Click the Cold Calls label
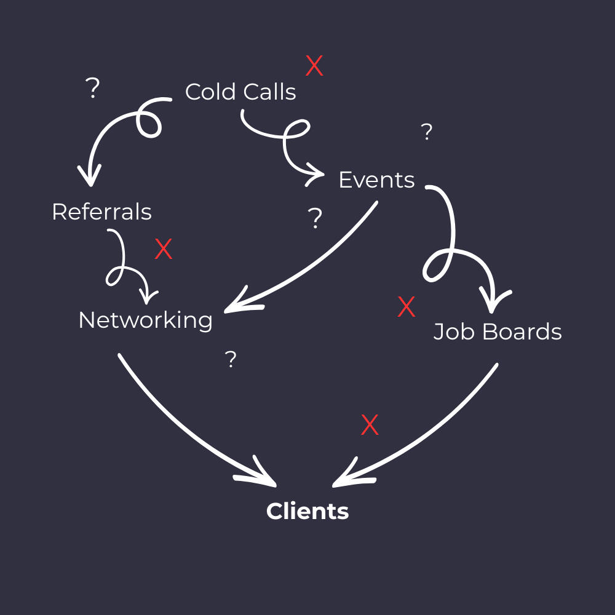(240, 92)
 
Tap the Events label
(376, 180)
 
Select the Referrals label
(101, 212)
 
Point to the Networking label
(146, 320)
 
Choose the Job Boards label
(498, 332)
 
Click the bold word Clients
(307, 511)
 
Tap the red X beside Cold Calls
(314, 66)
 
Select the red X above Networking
(163, 249)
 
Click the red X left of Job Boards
(407, 307)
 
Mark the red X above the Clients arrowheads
(370, 425)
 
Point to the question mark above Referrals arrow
(92, 89)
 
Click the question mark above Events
(426, 132)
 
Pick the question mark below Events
(315, 218)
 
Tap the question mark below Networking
(231, 360)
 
